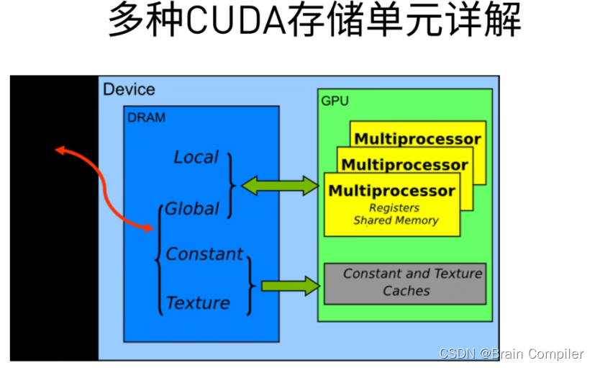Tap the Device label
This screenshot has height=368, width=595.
129,89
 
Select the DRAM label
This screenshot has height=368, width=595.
146,117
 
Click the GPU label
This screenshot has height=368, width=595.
335,101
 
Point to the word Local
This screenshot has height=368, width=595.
196,157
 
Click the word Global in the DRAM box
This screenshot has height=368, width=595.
192,209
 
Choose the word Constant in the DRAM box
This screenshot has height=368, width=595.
205,254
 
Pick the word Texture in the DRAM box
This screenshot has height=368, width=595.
198,303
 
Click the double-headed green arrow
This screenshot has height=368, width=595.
280,186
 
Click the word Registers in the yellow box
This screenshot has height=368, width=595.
394,208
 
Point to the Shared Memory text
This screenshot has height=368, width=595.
396,221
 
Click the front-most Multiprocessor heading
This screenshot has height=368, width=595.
391,191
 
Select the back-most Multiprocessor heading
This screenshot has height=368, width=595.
418,139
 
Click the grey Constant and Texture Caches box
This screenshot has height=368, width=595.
405,282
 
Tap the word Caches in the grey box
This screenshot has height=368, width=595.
406,291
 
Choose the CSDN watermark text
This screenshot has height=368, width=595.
511,354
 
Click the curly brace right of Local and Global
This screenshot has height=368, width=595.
232,185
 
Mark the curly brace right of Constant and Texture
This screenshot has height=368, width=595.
250,285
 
